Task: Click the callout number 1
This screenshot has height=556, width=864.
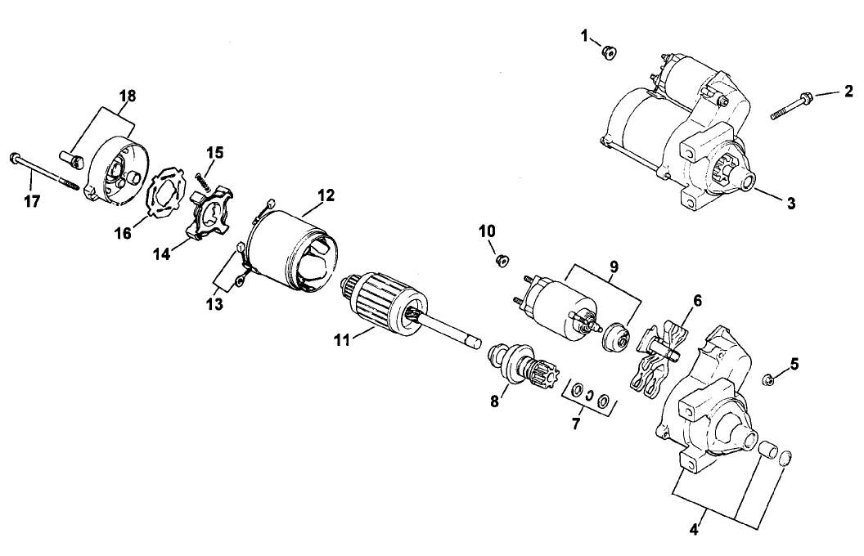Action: pos(585,35)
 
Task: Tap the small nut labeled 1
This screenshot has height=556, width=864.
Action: pos(609,52)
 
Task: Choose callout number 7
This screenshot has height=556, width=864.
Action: pos(577,424)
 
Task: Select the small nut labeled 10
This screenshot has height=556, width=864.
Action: pos(503,261)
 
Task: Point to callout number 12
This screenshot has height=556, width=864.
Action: pos(326,195)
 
